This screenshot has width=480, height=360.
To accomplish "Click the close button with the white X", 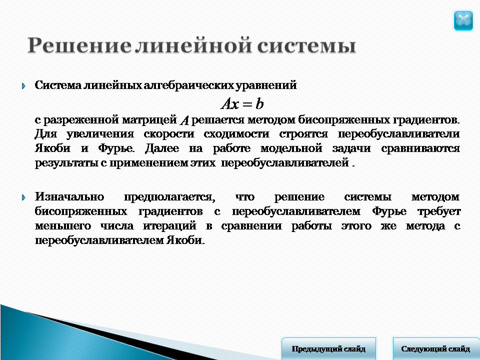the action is (463, 20).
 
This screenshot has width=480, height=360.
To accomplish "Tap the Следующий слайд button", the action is (436, 348).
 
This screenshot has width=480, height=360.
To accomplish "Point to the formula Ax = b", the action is (242, 104).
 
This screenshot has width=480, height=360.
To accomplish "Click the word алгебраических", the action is (189, 85).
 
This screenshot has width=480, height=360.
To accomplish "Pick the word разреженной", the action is (80, 120).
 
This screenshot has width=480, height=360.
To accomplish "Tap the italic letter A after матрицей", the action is (184, 120).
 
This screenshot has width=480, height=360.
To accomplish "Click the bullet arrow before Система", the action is (24, 86).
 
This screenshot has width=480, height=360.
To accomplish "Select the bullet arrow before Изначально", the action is (24, 197).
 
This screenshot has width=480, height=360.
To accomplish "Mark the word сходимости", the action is (237, 134).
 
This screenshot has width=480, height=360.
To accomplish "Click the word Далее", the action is (162, 148).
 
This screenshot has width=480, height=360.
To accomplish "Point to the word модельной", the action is (291, 148).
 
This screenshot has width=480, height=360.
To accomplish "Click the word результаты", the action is (66, 163).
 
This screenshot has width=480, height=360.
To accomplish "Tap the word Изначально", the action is (69, 196).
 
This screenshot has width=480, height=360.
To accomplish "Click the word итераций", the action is (169, 226).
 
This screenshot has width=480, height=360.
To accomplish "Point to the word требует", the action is (439, 211).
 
